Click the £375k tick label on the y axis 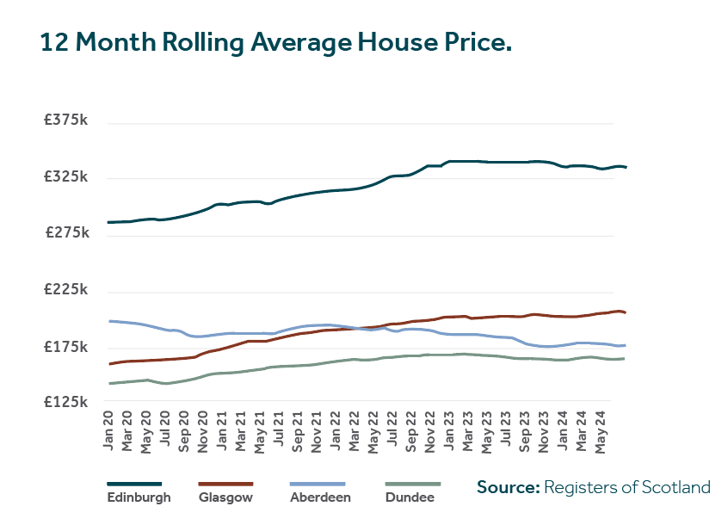(67, 121)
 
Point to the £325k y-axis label (67, 177)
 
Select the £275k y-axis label (67, 234)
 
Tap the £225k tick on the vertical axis (67, 291)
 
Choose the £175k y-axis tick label (67, 347)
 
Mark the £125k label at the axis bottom (67, 402)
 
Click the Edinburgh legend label (139, 497)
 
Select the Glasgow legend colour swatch (225, 484)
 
